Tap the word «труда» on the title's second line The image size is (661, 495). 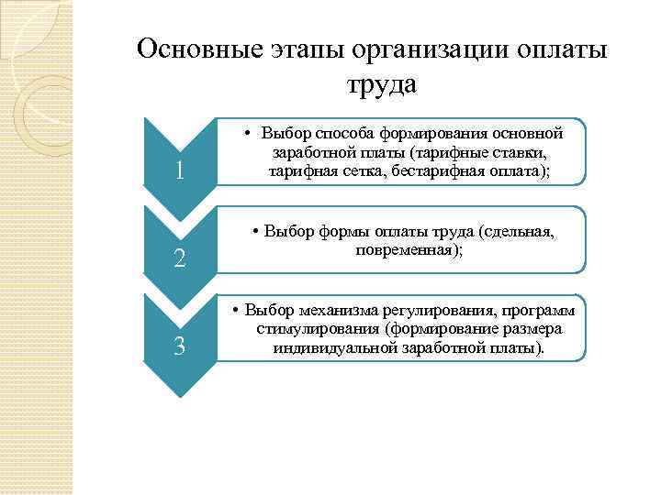(x=382, y=84)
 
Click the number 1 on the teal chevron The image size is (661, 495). (x=180, y=171)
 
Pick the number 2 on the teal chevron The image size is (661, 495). (x=180, y=259)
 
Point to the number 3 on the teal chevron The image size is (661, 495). (x=180, y=346)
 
